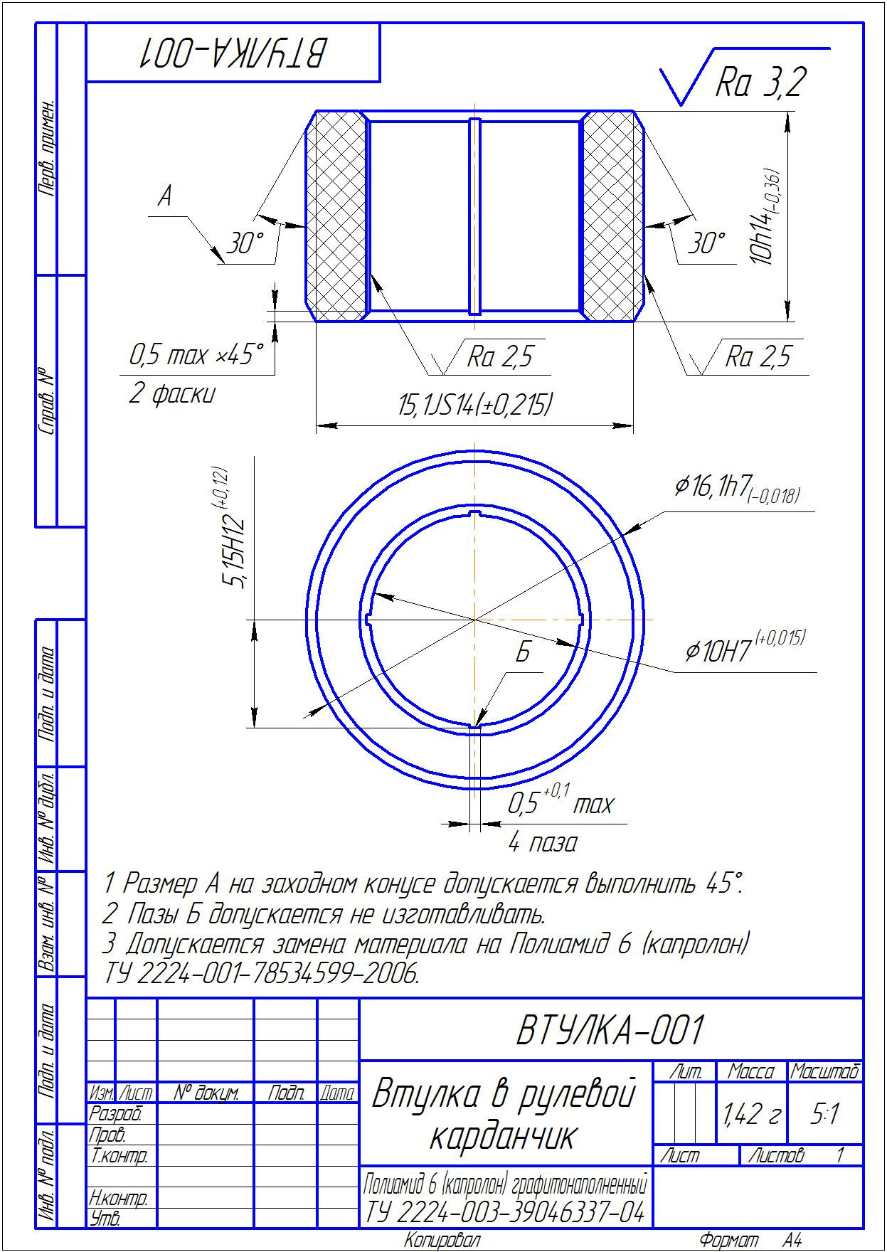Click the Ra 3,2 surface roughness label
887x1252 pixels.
coord(760,82)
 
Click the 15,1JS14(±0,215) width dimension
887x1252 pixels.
coord(475,405)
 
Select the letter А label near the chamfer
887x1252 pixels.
coord(165,196)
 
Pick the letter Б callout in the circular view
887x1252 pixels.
coord(523,652)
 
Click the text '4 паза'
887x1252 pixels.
coord(543,843)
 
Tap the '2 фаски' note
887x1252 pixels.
coord(171,393)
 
